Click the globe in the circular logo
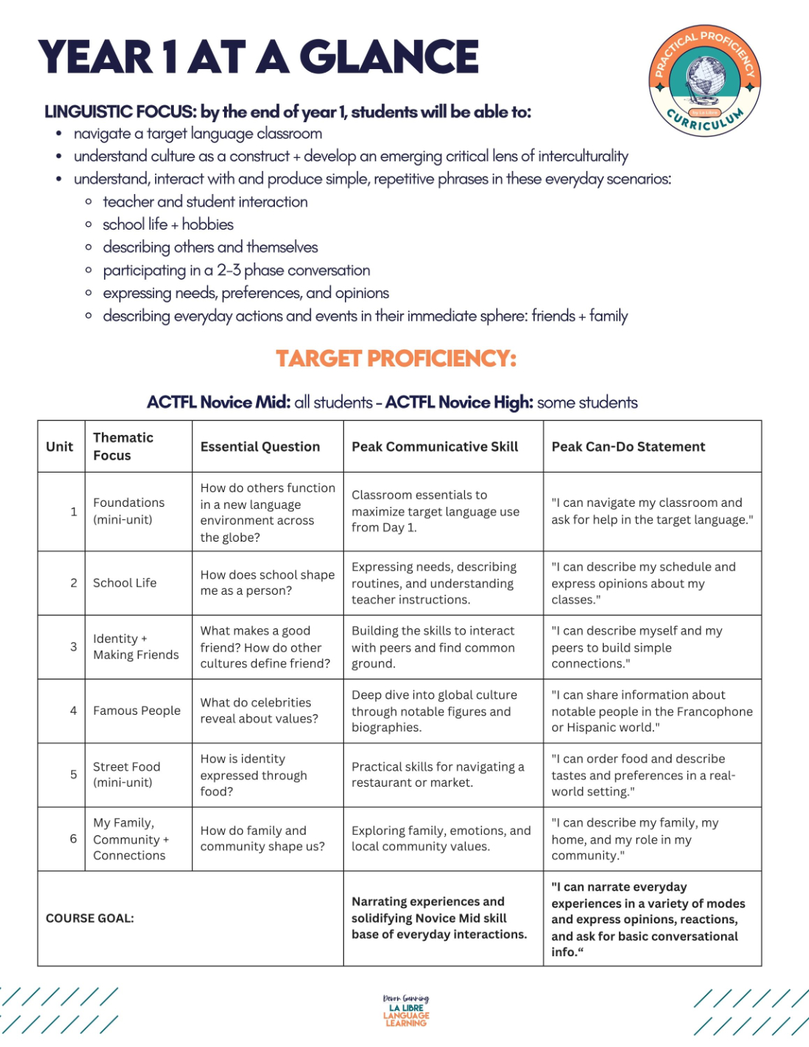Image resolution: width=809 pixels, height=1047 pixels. (704, 79)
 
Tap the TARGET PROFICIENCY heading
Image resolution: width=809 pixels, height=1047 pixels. (396, 358)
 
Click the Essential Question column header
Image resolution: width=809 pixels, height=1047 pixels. (260, 446)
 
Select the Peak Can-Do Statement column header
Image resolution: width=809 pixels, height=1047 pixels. (628, 446)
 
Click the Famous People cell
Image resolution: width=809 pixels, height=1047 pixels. (137, 710)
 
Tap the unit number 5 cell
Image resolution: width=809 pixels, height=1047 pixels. (73, 774)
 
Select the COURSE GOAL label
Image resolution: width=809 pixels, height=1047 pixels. (89, 918)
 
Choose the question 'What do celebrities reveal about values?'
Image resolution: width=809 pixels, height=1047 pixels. (259, 710)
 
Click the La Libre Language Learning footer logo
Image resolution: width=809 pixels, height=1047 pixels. (406, 1011)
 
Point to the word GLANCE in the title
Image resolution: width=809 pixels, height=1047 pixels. (389, 57)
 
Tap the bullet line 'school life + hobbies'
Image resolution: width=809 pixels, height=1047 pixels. (168, 224)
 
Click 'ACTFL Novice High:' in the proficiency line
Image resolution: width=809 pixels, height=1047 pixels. (459, 402)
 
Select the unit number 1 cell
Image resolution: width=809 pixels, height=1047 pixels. (73, 511)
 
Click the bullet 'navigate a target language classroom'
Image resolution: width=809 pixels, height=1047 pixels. (198, 134)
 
